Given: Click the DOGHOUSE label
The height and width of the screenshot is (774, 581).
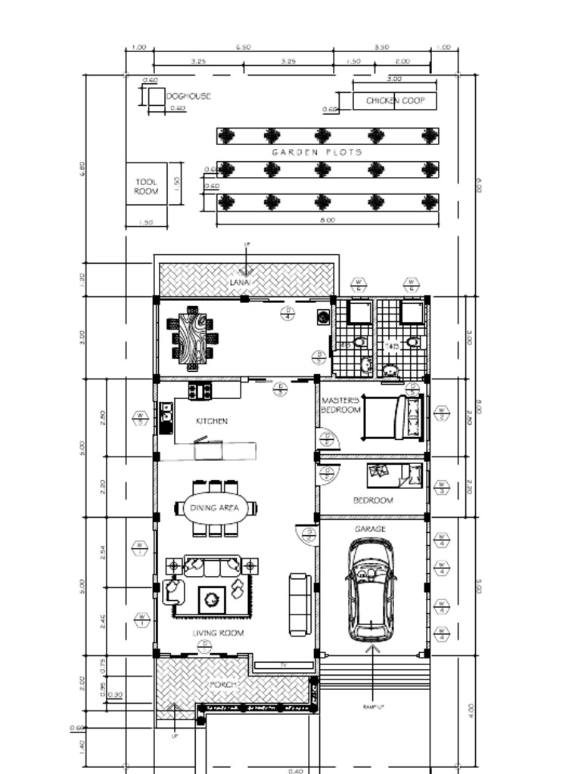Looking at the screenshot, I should tap(188, 97).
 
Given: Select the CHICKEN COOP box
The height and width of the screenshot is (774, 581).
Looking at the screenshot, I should tap(395, 101).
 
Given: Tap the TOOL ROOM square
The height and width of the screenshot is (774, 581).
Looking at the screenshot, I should tap(146, 187).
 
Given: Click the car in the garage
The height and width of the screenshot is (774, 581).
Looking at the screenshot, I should tap(371, 589).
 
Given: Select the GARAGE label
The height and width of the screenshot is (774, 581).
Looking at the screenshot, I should tap(370, 529).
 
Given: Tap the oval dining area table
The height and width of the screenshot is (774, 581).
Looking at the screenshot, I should tap(215, 508).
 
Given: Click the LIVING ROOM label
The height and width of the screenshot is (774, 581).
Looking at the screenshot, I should tap(218, 633).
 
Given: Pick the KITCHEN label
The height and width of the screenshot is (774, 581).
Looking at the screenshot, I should tap(212, 421).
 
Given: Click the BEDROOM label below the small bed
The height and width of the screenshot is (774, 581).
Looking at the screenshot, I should tap(373, 500).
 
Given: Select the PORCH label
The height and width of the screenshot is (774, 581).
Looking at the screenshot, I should tap(224, 685).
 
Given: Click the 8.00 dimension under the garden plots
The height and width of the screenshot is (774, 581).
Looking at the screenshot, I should tap(327, 221).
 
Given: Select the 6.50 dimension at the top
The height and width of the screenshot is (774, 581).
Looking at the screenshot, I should tap(243, 47).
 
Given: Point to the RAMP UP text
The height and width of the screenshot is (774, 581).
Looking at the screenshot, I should tap(374, 707).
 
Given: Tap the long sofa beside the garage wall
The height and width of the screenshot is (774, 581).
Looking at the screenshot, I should tap(300, 603).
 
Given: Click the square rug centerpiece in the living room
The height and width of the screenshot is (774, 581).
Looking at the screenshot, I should tap(210, 600).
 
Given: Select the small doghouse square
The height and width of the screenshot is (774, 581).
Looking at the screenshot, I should tap(156, 97).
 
